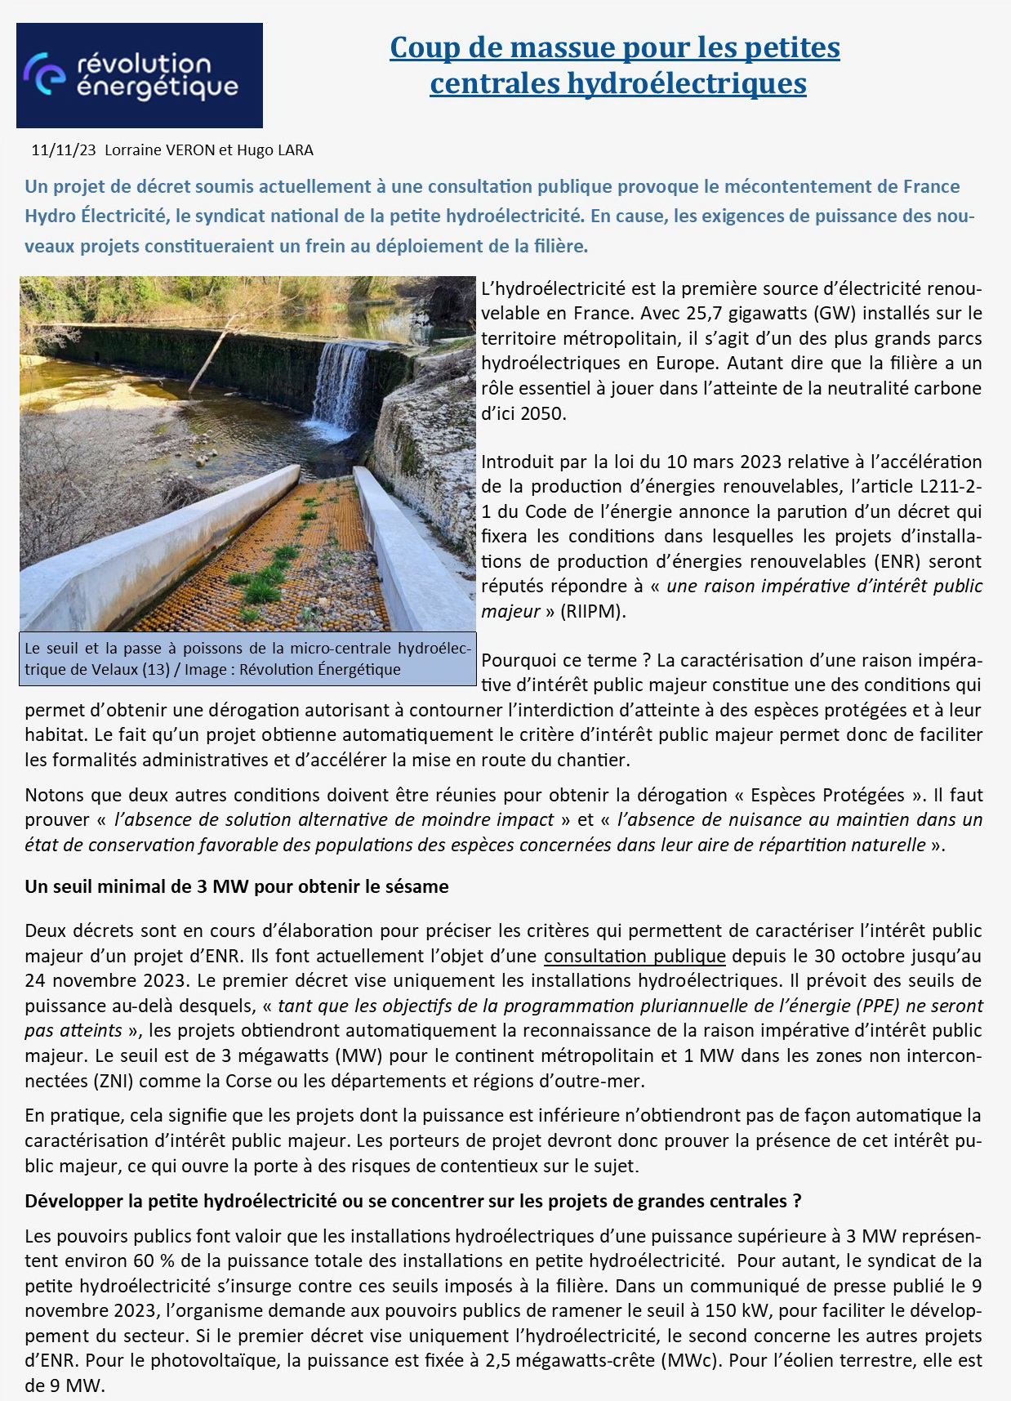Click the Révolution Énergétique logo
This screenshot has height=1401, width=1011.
140,75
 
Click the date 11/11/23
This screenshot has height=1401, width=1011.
63,150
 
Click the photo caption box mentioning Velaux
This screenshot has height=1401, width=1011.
247,659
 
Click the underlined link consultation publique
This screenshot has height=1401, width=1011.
635,956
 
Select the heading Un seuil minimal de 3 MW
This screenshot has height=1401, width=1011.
236,886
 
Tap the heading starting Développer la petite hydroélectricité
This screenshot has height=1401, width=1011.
412,1201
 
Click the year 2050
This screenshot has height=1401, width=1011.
542,413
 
